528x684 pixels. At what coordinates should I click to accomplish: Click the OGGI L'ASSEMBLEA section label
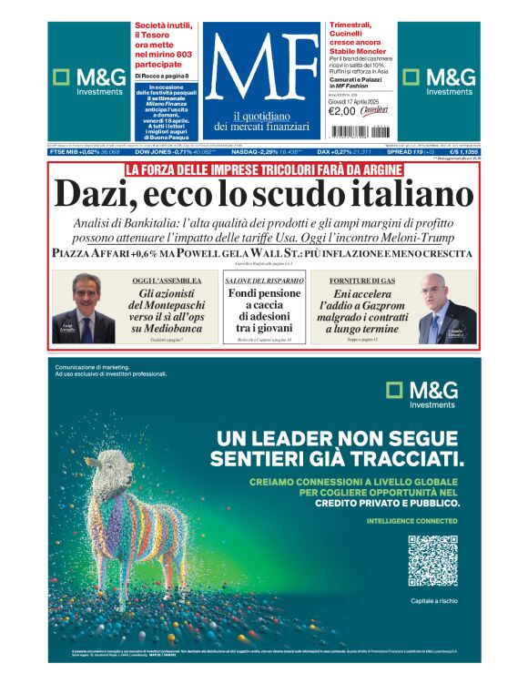tap(168, 281)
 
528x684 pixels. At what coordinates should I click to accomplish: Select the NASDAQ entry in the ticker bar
tap(263, 151)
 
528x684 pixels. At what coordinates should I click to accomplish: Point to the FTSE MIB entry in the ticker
tap(86, 151)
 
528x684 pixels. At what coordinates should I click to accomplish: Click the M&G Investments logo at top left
tap(88, 82)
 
